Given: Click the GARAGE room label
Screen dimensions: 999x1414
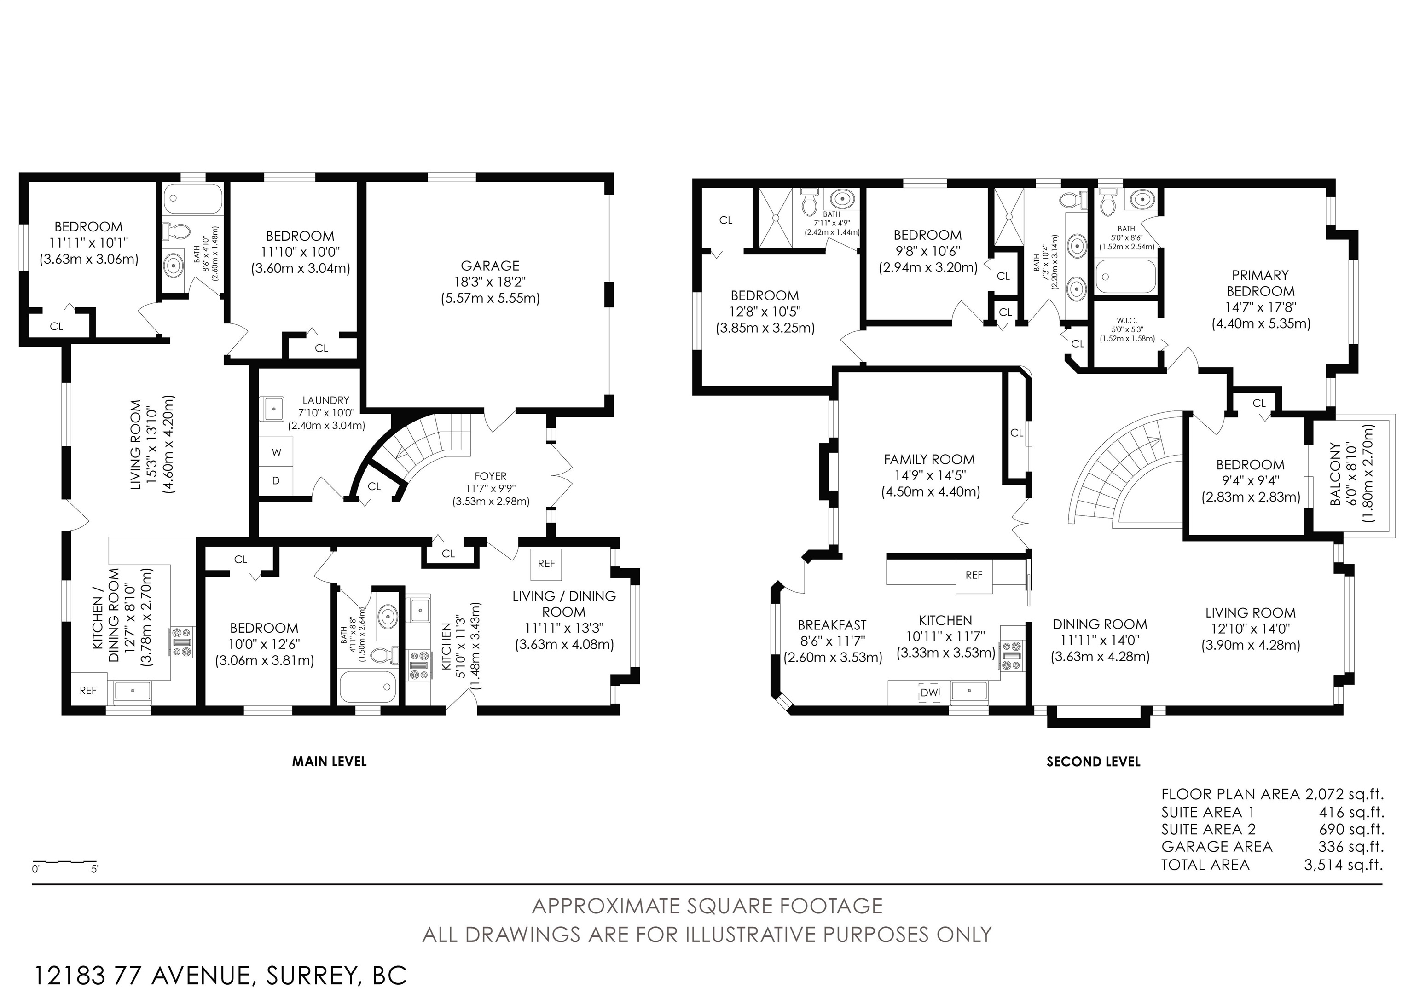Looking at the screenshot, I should [x=490, y=266].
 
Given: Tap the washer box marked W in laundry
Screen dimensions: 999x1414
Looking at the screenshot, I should [x=277, y=452].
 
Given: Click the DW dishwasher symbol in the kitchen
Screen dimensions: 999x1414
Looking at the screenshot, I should [x=929, y=693].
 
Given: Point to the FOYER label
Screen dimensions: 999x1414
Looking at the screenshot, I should [x=491, y=476].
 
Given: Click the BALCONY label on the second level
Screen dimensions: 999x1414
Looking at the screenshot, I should [x=1335, y=474].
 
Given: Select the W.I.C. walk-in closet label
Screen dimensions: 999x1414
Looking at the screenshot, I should [x=1127, y=320].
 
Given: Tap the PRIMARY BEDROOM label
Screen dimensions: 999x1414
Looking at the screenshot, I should [x=1260, y=283].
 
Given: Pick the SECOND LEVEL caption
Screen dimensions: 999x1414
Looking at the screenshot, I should [x=1093, y=762].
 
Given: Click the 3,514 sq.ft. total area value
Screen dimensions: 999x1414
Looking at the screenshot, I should [x=1343, y=865].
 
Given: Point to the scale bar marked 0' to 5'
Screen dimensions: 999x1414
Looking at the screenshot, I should [x=64, y=862].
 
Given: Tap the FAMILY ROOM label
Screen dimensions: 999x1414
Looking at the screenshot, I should [x=929, y=459].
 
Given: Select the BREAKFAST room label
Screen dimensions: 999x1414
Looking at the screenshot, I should [x=832, y=625].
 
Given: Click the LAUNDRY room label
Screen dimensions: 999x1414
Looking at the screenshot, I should [x=326, y=400].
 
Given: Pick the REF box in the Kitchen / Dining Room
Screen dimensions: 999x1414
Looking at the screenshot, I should [x=88, y=691].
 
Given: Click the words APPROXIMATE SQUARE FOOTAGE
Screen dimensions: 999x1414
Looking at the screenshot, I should [x=707, y=907].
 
